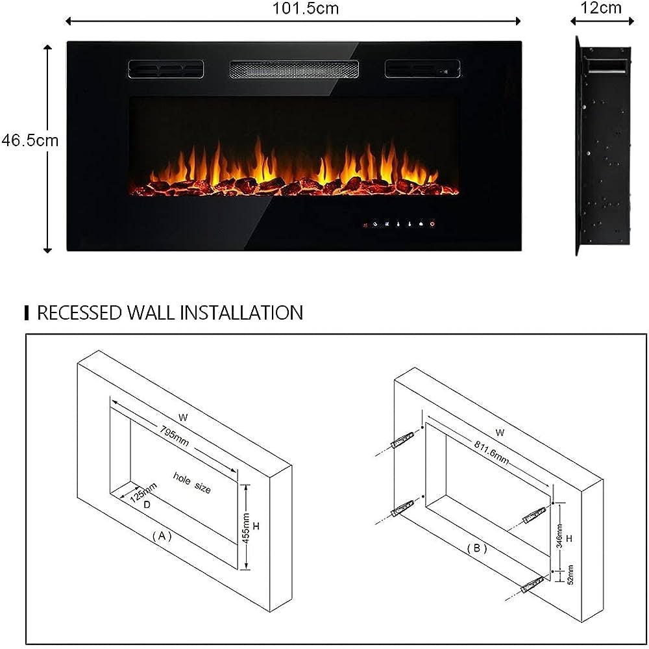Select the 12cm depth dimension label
coord(602,8)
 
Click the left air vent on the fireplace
coord(165,69)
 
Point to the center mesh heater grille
coord(293,69)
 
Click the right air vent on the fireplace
coord(422,69)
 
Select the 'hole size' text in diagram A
coord(191,483)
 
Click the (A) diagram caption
coord(162,537)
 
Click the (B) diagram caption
coord(476,548)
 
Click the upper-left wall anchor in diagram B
coord(401,441)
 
